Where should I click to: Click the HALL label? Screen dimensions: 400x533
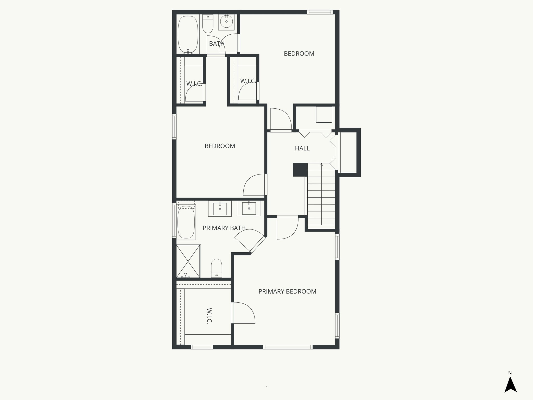(302, 148)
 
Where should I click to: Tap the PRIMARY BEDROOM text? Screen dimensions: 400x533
(287, 291)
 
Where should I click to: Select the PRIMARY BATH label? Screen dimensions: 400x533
(224, 228)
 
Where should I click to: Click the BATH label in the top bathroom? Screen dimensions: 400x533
(217, 44)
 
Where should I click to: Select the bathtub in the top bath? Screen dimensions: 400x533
(187, 35)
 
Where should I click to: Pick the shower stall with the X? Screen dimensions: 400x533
(188, 261)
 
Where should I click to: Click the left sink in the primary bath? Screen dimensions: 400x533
(220, 209)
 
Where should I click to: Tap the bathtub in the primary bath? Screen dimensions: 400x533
(186, 222)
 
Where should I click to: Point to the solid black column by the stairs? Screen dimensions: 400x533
(300, 170)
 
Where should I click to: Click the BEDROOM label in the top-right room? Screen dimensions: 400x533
(299, 54)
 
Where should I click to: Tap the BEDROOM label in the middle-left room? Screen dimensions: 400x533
(220, 146)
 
